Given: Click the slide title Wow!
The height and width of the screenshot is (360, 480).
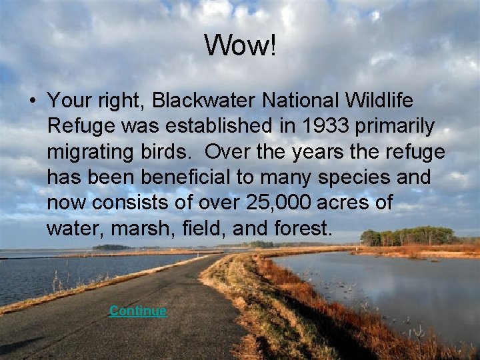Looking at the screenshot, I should tap(239, 45).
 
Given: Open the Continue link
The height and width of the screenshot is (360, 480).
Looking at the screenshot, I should tap(138, 311).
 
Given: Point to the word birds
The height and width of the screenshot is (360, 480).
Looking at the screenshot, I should tap(172, 152).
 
